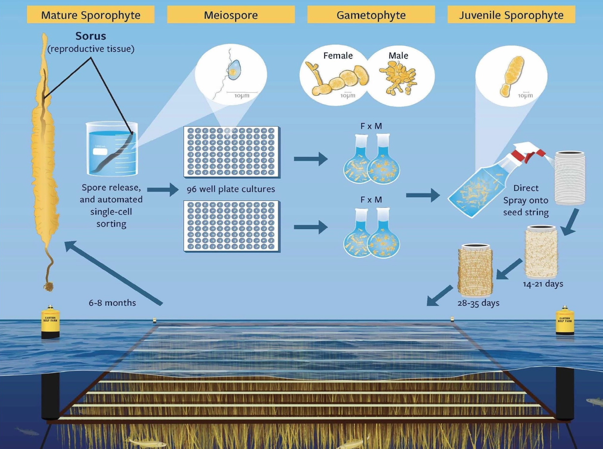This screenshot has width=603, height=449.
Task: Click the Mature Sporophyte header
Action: click(91, 15)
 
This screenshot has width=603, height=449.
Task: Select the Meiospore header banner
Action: click(231, 15)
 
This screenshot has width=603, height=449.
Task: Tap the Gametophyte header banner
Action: click(371, 15)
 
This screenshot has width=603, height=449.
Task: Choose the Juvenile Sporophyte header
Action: click(511, 15)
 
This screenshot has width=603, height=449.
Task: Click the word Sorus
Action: click(91, 36)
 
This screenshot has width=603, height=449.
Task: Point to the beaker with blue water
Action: click(112, 149)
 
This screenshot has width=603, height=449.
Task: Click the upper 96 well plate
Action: click(231, 152)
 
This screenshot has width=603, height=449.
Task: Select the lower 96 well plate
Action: click(231, 226)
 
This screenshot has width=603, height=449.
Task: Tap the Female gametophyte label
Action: click(338, 56)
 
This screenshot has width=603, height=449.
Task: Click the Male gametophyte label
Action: click(398, 56)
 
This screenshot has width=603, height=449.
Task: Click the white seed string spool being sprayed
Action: click(570, 178)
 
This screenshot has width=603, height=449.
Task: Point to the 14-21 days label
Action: click(543, 284)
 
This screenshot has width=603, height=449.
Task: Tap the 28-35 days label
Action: click(478, 303)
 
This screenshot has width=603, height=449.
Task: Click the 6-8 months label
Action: click(112, 303)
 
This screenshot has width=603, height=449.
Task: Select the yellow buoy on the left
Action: click(51, 321)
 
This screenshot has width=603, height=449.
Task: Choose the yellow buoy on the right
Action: click(565, 320)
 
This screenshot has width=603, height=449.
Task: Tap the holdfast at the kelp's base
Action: click(49, 285)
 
